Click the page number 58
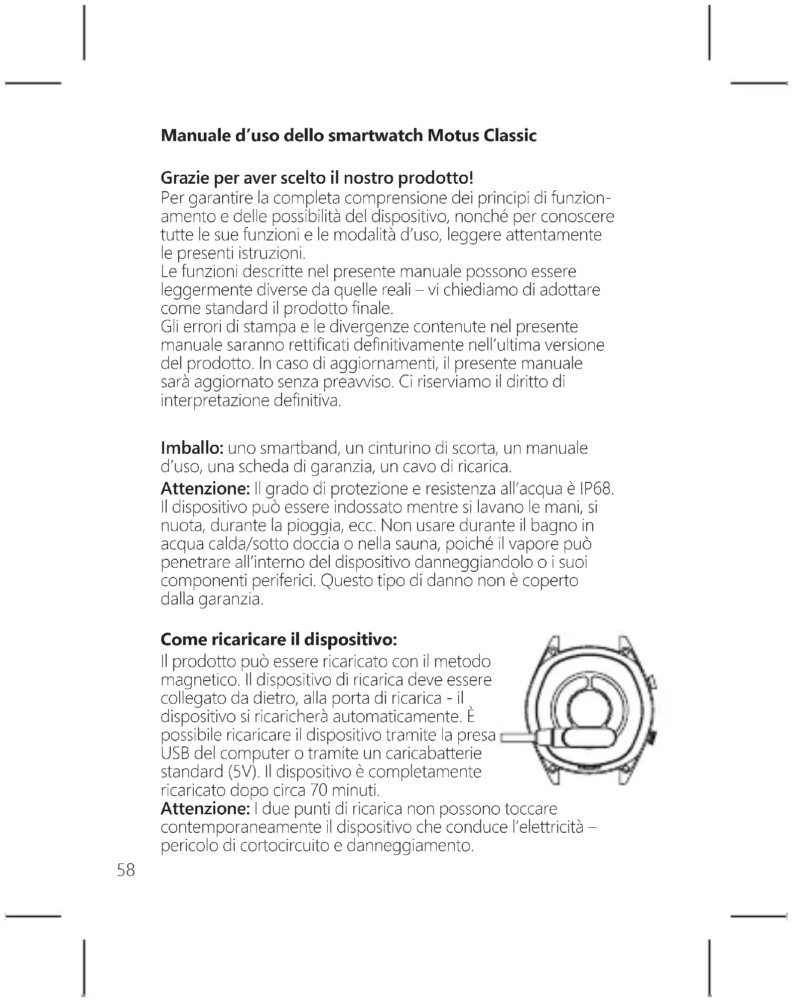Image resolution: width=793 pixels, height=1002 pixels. coord(126,869)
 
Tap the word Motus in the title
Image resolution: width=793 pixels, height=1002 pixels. coord(451,136)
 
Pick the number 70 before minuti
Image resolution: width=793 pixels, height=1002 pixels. coord(319,791)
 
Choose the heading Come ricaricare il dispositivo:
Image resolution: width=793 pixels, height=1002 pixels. coord(279,640)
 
